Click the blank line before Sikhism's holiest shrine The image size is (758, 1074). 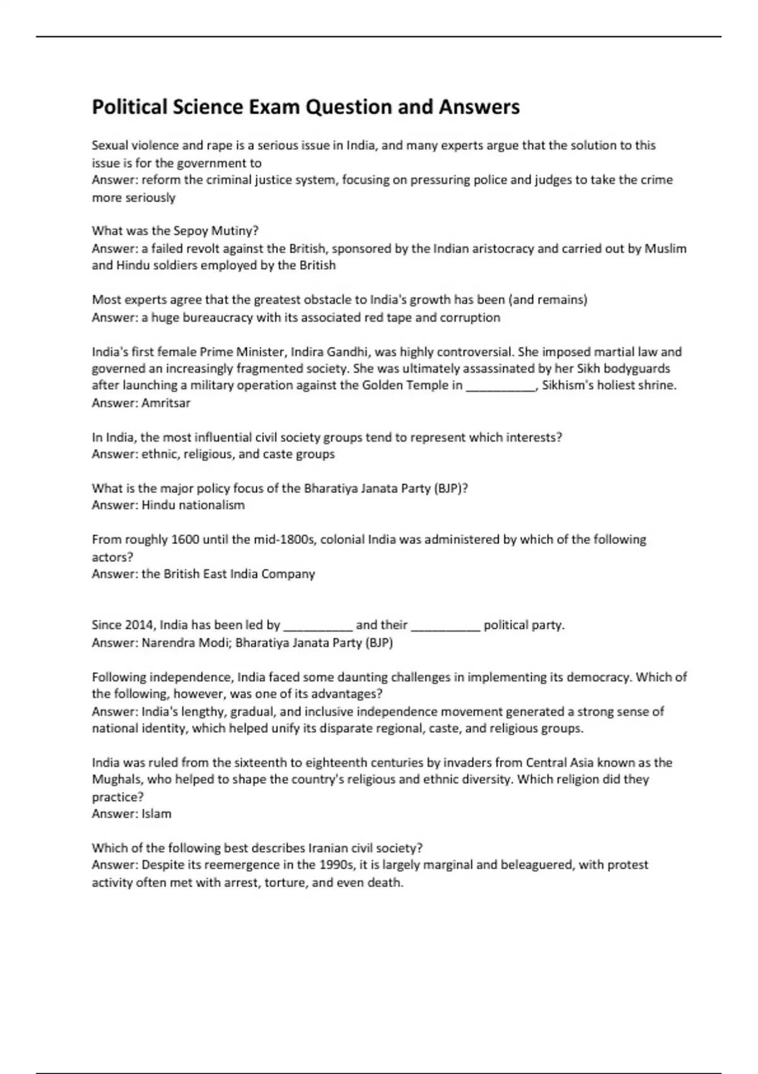(x=500, y=385)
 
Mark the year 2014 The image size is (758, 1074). (x=139, y=625)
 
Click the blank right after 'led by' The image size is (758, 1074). (x=318, y=625)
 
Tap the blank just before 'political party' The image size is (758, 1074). (x=445, y=625)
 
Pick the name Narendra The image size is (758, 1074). (x=166, y=643)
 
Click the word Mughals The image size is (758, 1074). (x=117, y=779)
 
